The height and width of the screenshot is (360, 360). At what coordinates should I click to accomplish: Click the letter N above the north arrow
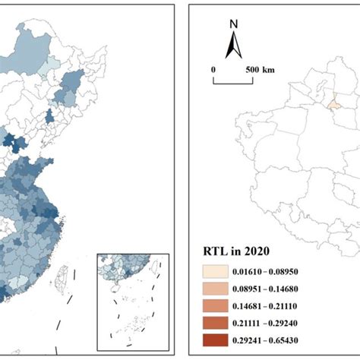[235, 24]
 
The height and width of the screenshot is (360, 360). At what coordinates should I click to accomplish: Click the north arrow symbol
[235, 47]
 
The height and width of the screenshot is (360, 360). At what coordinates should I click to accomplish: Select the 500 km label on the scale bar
[259, 70]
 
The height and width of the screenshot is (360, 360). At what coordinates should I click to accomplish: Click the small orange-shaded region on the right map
[333, 100]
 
